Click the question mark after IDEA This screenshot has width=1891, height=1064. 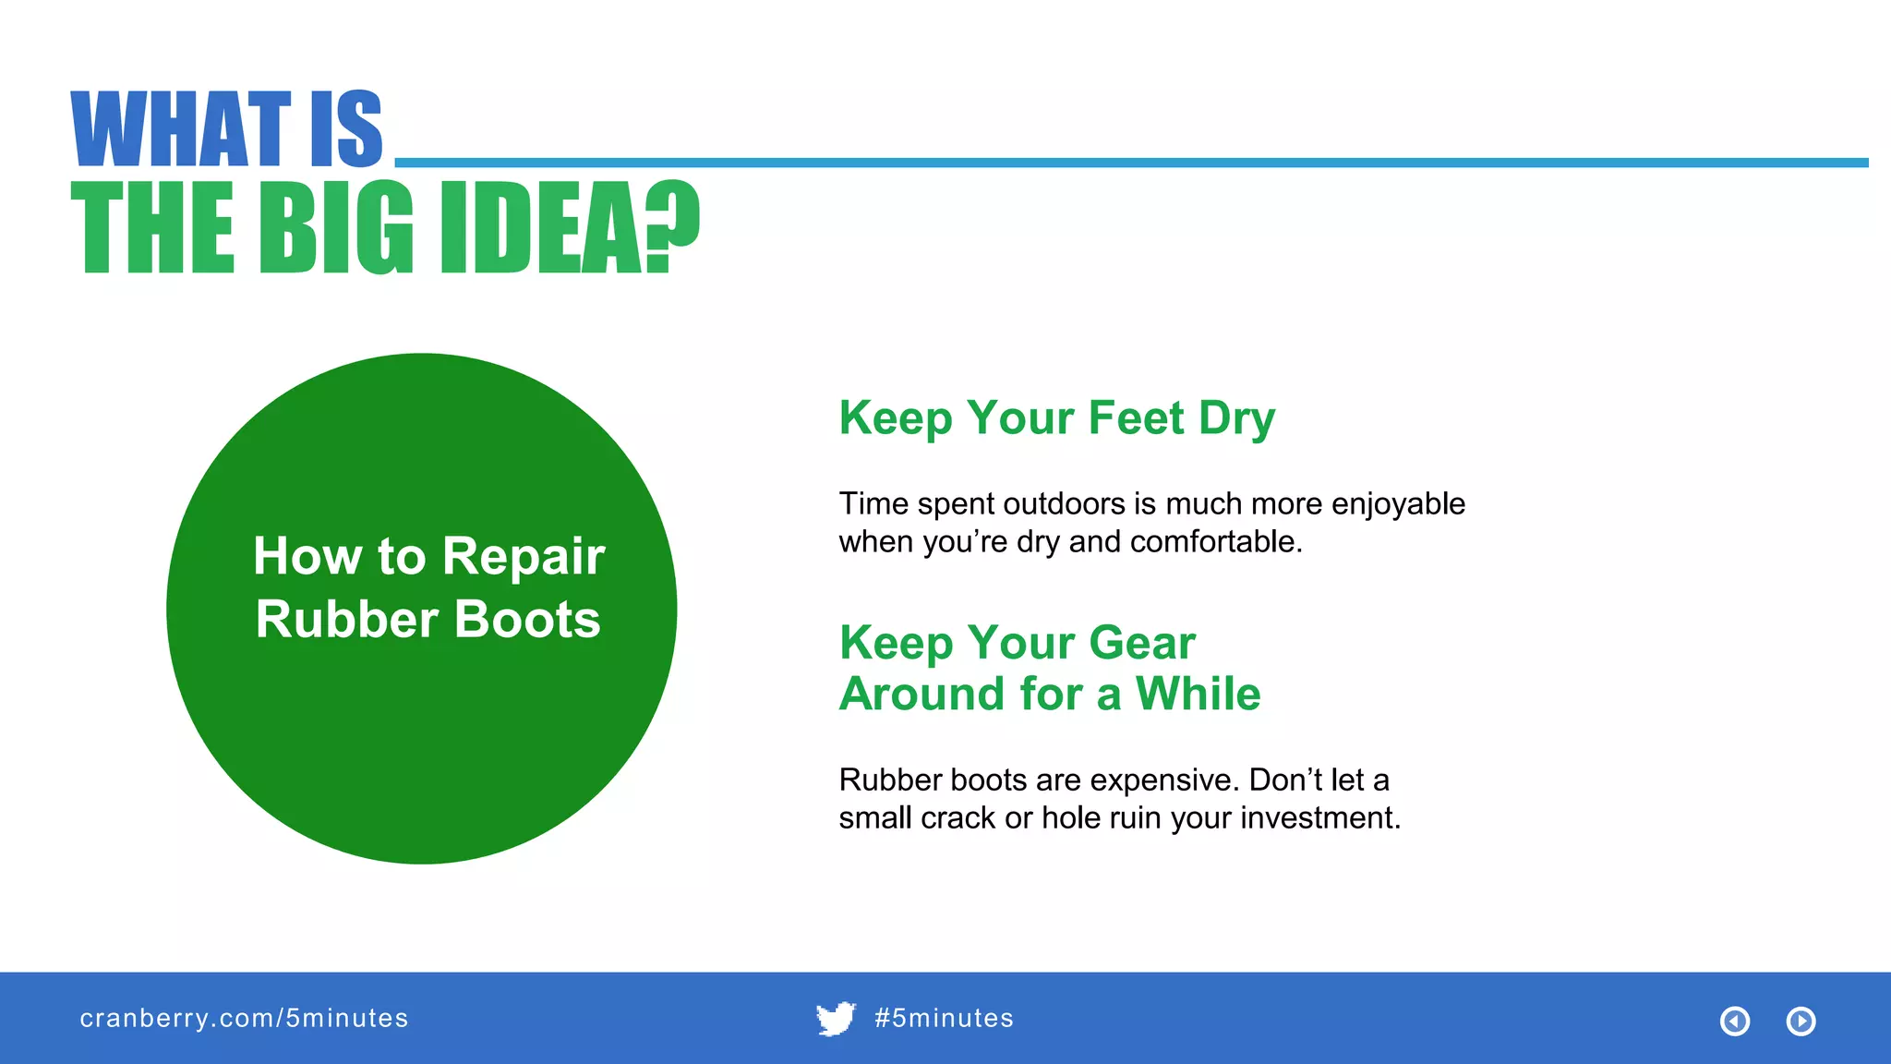tap(673, 226)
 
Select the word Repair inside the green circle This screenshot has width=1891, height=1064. tap(523, 557)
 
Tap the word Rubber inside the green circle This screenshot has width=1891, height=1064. tap(347, 620)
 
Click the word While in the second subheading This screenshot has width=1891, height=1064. tap(1198, 695)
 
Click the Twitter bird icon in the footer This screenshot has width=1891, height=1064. tap(836, 1019)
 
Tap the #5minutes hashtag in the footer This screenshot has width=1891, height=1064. tap(944, 1019)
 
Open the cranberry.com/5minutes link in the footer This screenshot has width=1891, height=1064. tap(244, 1019)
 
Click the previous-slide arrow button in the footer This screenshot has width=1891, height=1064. tap(1735, 1022)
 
